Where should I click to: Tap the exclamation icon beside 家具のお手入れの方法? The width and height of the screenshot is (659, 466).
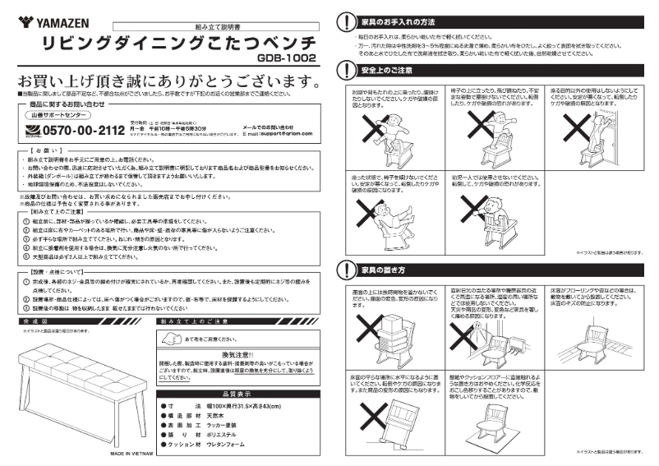(x=344, y=20)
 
